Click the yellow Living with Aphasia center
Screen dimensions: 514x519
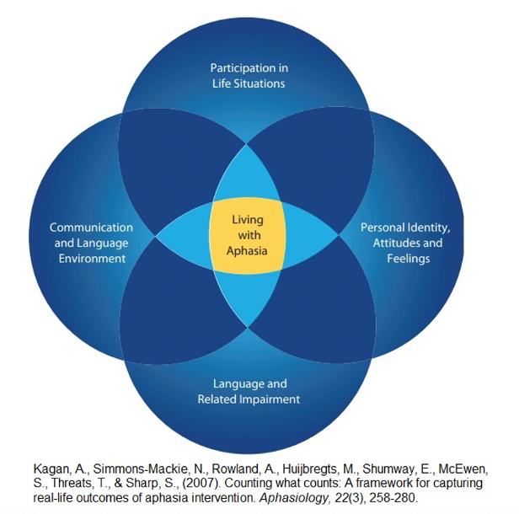pyautogui.click(x=248, y=235)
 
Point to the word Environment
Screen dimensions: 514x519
pyautogui.click(x=102, y=258)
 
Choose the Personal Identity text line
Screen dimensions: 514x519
pyautogui.click(x=405, y=228)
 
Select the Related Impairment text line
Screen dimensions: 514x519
pyautogui.click(x=249, y=399)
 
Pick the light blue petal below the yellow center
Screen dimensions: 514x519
pyautogui.click(x=248, y=299)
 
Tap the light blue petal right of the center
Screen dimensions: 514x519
pyautogui.click(x=312, y=236)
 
